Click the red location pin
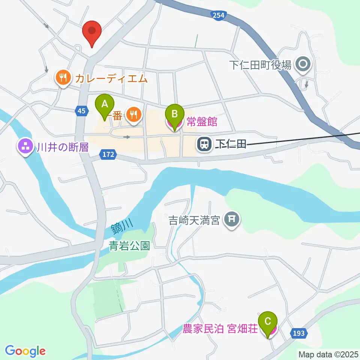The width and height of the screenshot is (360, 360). [x=92, y=32]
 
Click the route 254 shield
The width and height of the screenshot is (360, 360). [x=218, y=15]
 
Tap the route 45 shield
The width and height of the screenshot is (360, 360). [x=81, y=111]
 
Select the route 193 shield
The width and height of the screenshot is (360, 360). [x=298, y=333]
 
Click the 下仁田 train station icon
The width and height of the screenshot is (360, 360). [x=204, y=144]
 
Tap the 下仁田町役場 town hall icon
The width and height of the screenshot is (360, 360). [x=302, y=64]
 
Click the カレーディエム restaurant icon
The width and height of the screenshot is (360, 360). [x=63, y=78]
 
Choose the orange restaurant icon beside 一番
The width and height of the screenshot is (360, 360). [x=133, y=115]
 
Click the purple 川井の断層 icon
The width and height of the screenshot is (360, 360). [x=26, y=147]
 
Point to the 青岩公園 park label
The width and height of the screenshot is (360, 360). [x=129, y=246]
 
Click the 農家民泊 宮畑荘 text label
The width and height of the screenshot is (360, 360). [x=220, y=330]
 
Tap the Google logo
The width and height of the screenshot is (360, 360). [x=25, y=351]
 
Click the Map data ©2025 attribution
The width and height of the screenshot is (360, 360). [x=328, y=354]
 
